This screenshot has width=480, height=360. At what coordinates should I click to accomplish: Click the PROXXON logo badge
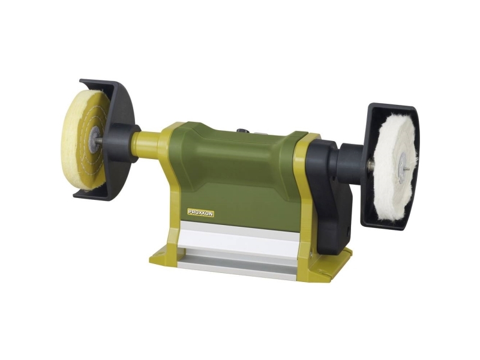click(x=200, y=214)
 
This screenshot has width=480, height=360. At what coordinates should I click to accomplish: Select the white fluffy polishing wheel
click(x=395, y=167)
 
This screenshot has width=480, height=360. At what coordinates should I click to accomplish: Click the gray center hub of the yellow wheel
click(x=94, y=139)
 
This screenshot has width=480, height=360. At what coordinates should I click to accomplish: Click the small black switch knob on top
click(x=243, y=130)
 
